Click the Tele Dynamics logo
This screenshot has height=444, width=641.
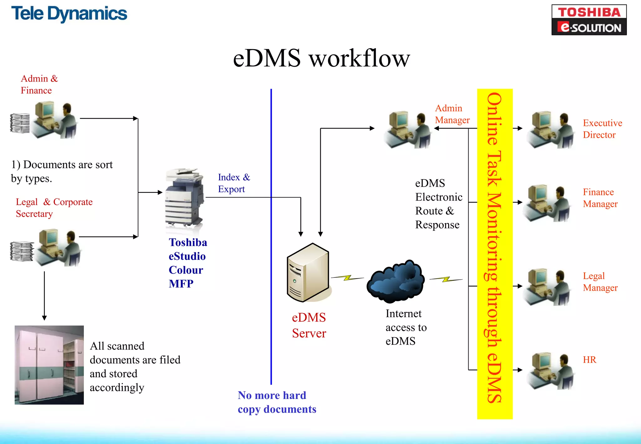pyautogui.click(x=69, y=14)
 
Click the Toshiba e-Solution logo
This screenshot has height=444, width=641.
pyautogui.click(x=589, y=20)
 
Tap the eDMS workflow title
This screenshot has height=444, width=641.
pyautogui.click(x=321, y=58)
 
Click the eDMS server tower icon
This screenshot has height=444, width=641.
pyautogui.click(x=308, y=273)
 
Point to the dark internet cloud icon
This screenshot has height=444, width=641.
pyautogui.click(x=396, y=281)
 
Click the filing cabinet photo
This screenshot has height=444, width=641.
pyautogui.click(x=49, y=365)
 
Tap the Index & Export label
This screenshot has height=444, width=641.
pyautogui.click(x=234, y=183)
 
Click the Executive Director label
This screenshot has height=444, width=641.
pyautogui.click(x=602, y=129)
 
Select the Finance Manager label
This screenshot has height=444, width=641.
pyautogui.click(x=600, y=198)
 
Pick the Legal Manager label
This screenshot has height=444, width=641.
pyautogui.click(x=600, y=281)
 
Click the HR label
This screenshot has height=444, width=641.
pyautogui.click(x=589, y=360)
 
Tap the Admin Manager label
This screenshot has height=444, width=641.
pyautogui.click(x=452, y=114)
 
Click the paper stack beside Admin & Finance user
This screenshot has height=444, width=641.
pyautogui.click(x=20, y=123)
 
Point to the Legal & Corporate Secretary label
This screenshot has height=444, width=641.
pyautogui.click(x=54, y=208)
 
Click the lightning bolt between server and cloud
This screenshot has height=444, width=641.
pyautogui.click(x=347, y=278)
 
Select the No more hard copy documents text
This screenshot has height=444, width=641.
pyautogui.click(x=277, y=402)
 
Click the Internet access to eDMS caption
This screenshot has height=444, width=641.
pyautogui.click(x=406, y=327)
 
